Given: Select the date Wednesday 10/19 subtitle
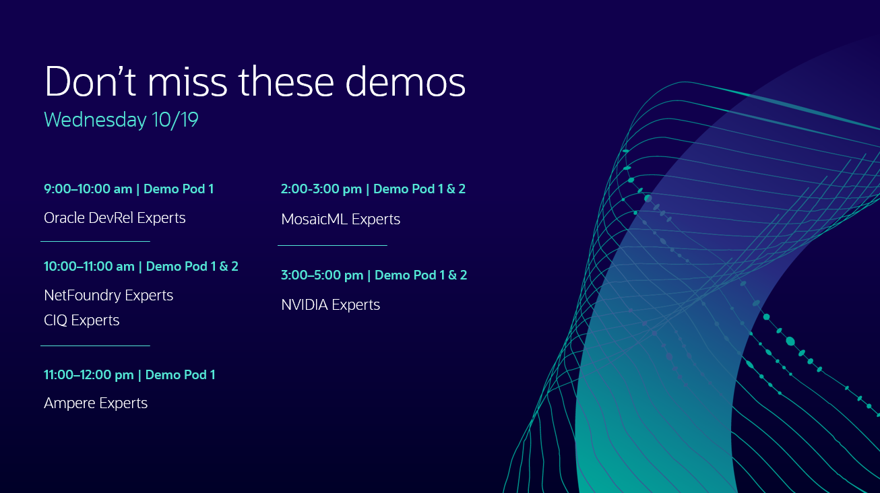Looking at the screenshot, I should [121, 120].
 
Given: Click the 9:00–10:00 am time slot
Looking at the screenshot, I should [88, 189].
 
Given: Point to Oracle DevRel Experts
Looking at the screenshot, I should [115, 218].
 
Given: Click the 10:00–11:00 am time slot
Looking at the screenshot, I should [89, 267].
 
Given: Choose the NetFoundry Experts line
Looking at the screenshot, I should [108, 296].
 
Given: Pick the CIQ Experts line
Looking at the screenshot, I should [82, 321].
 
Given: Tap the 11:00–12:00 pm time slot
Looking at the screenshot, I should [89, 375].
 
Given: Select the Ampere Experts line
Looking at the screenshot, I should [96, 403].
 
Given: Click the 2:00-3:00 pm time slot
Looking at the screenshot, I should [321, 189].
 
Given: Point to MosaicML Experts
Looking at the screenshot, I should [340, 220].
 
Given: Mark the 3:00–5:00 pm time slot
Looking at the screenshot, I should [322, 275].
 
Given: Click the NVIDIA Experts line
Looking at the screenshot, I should [330, 305].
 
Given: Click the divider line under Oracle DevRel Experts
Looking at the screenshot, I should [95, 241].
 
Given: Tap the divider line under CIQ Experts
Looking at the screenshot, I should [95, 346].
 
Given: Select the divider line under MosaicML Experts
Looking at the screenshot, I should [332, 246].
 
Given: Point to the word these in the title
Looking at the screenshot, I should [286, 82].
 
